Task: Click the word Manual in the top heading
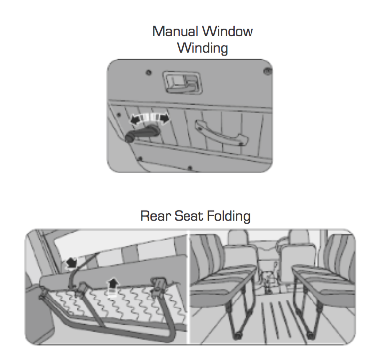pos(176,31)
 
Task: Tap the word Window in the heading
pos(228,31)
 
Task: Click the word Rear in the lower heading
pos(156,216)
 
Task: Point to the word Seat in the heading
pos(189,216)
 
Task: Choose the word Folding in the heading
pos(229,216)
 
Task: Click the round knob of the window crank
pos(130,137)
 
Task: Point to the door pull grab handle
pos(221,133)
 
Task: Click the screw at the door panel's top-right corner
pos(267,71)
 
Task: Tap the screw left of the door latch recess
pos(149,72)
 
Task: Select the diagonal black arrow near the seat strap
pos(71,263)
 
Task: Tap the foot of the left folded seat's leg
pos(237,336)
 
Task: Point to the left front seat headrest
pos(238,238)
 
